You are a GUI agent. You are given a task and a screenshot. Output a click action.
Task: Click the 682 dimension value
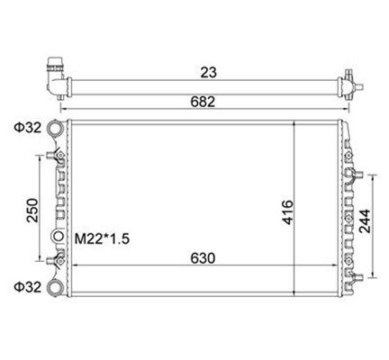click(x=203, y=102)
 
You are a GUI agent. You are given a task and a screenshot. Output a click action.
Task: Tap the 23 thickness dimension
click(x=208, y=72)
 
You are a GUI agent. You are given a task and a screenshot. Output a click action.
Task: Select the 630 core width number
click(x=203, y=258)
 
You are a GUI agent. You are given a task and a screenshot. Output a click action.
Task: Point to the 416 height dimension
click(x=287, y=212)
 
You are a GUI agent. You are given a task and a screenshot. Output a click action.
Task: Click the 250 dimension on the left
click(x=32, y=211)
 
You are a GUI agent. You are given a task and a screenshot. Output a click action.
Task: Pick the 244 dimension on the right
click(x=365, y=221)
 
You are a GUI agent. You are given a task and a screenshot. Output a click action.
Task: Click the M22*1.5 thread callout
click(x=102, y=239)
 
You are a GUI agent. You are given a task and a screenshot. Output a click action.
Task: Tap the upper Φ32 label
click(x=28, y=128)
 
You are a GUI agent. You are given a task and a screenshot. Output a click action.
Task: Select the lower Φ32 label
click(x=28, y=287)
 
